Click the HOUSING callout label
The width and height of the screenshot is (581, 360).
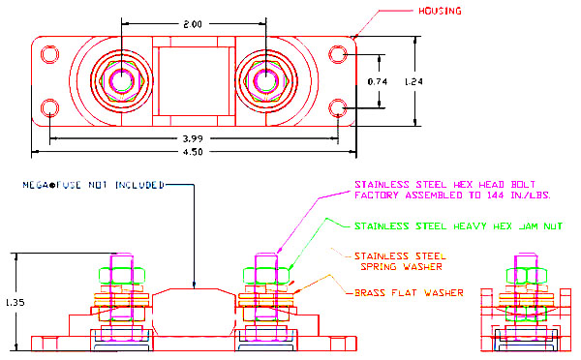click(440, 11)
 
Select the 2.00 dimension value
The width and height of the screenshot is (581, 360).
click(193, 24)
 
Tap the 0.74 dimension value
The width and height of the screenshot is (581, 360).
click(378, 81)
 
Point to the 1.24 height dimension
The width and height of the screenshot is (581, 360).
click(413, 81)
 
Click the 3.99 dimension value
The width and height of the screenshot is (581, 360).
click(193, 139)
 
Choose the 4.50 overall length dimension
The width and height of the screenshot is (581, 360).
click(193, 152)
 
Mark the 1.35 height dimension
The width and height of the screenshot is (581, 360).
click(15, 302)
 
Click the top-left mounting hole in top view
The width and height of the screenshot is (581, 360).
click(49, 54)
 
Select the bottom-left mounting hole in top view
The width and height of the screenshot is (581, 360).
click(49, 108)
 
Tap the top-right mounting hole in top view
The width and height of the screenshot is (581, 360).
click(338, 54)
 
